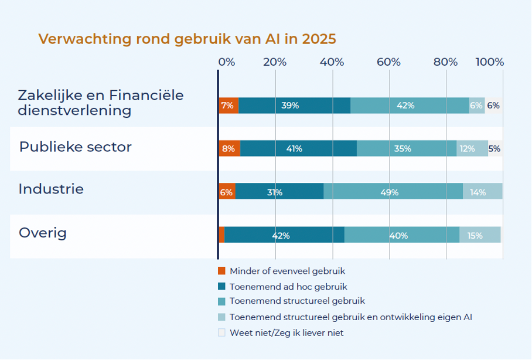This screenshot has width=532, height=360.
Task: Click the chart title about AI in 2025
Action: click(x=187, y=39)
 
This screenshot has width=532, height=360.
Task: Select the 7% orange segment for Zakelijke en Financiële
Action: click(x=228, y=106)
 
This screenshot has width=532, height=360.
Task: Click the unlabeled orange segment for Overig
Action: click(x=221, y=235)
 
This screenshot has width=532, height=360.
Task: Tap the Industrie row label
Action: click(x=51, y=189)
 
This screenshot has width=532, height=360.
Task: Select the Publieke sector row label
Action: click(x=75, y=147)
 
